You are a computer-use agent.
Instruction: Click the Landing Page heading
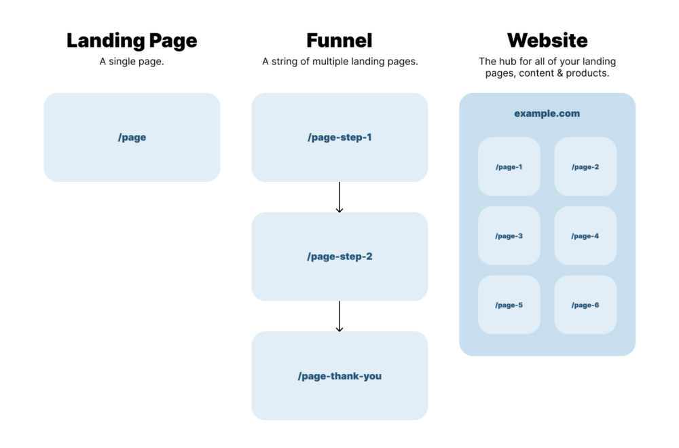(x=132, y=40)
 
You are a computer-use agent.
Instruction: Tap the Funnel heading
(x=339, y=40)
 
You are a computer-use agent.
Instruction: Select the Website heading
(x=547, y=40)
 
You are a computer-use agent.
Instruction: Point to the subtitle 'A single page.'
(x=132, y=61)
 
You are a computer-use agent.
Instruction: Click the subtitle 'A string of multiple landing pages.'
(x=339, y=61)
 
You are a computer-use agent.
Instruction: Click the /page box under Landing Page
(x=132, y=137)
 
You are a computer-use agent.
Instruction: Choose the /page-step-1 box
(x=339, y=137)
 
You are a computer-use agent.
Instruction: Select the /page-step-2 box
(x=339, y=257)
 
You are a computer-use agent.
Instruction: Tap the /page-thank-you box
(x=339, y=375)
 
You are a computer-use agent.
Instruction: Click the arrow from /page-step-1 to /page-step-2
(x=339, y=197)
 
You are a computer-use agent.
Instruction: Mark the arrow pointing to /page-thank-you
(x=339, y=316)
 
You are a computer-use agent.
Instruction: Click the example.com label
(x=547, y=113)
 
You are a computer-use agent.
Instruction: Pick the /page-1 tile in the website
(x=509, y=167)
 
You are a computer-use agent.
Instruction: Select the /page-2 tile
(x=585, y=167)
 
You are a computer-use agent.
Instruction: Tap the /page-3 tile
(x=509, y=236)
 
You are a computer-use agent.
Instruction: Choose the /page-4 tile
(x=585, y=236)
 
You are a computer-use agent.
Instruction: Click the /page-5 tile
(x=509, y=305)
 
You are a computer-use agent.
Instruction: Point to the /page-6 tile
(x=585, y=305)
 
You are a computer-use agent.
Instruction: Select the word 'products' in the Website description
(x=588, y=73)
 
